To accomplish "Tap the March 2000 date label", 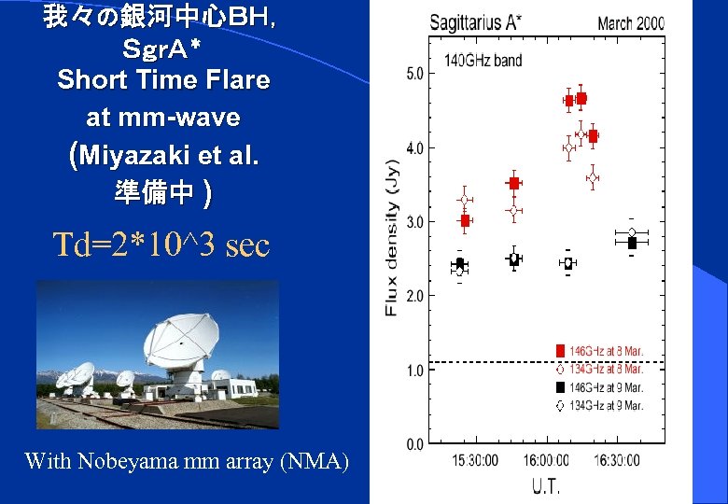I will (630, 22).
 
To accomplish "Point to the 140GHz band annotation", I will (483, 61).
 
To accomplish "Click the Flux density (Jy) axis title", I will (392, 239).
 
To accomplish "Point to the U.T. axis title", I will (547, 485).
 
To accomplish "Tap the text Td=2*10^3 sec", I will (161, 245).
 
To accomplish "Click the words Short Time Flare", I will (163, 80).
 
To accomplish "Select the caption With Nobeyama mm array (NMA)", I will (187, 460).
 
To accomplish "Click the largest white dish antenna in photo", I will (182, 341).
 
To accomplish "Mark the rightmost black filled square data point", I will (632, 243).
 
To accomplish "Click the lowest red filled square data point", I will (465, 221).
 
